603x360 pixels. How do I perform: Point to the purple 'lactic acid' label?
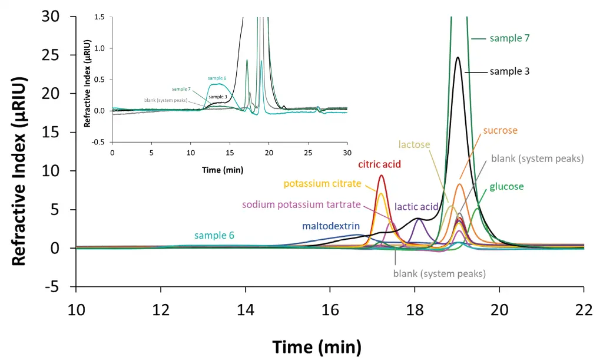(417, 206)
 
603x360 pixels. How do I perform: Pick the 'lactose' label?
(414, 144)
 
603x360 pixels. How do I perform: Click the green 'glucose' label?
(506, 187)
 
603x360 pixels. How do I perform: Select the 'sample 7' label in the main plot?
(510, 38)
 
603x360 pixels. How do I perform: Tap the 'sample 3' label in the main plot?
(510, 71)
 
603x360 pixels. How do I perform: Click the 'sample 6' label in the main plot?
(214, 236)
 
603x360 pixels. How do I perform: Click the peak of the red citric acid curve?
(382, 176)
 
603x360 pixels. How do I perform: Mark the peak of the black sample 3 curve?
(458, 58)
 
